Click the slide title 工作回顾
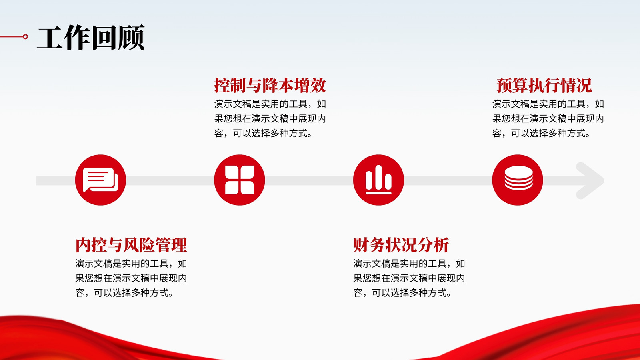(x=90, y=38)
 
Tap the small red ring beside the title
(x=26, y=36)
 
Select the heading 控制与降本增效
(x=270, y=85)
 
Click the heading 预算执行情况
(x=544, y=85)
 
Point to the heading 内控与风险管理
(x=131, y=245)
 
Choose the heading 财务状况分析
(x=401, y=245)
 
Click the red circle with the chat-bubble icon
(x=100, y=180)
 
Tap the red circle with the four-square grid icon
(x=240, y=180)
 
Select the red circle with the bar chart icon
(x=378, y=180)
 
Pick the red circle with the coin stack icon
(x=518, y=180)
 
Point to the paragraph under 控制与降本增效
(x=270, y=118)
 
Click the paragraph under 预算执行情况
(x=548, y=118)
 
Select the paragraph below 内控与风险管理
(x=131, y=278)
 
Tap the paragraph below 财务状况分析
(x=409, y=278)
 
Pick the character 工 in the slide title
(x=50, y=38)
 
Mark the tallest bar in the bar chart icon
(x=378, y=177)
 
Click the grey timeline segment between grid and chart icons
(x=309, y=180)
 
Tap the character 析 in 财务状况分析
(x=441, y=245)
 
